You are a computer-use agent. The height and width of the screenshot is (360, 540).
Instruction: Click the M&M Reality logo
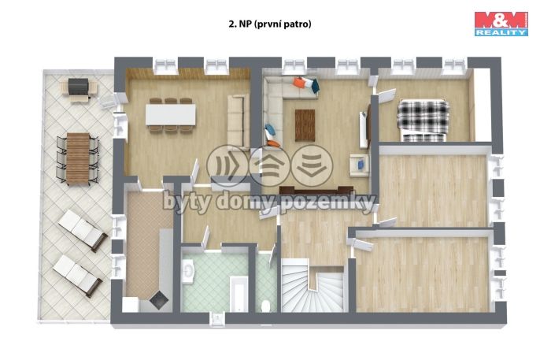[x=500, y=23]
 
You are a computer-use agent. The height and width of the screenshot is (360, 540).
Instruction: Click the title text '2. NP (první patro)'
[x=270, y=24]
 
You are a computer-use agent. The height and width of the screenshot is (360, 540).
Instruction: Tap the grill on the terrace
[x=77, y=88]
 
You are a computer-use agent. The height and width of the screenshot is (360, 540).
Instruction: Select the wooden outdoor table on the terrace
[x=77, y=158]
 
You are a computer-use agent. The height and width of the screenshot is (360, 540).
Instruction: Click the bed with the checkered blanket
[x=423, y=118]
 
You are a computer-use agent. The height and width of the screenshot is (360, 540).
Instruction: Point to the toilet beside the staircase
[x=267, y=305]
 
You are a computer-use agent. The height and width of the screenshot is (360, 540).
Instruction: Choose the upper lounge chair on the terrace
[x=82, y=230]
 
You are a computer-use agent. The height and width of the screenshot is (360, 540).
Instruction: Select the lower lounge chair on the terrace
[x=77, y=273]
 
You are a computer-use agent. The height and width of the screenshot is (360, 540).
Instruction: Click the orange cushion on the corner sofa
[x=301, y=81]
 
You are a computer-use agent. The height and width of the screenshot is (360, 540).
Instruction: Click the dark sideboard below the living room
[x=314, y=189]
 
